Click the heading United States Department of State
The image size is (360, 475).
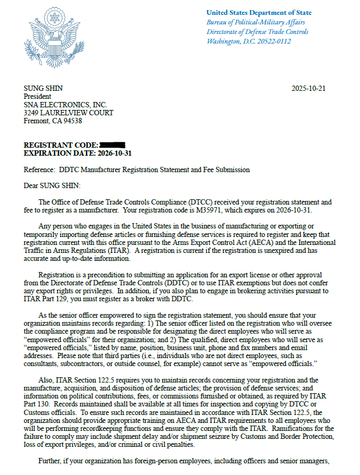[x=259, y=12]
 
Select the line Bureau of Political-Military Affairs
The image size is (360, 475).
[x=255, y=22]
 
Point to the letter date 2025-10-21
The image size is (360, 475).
[x=308, y=88]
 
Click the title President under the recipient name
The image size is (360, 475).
[x=38, y=97]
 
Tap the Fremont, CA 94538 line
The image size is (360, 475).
[x=53, y=121]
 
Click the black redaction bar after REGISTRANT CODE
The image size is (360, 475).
[x=112, y=145]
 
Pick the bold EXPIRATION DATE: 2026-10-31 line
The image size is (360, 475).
[x=78, y=153]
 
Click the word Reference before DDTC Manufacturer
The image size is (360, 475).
[x=39, y=170]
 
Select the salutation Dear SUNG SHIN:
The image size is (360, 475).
[x=52, y=186]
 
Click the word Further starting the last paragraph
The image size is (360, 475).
[x=52, y=461]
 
